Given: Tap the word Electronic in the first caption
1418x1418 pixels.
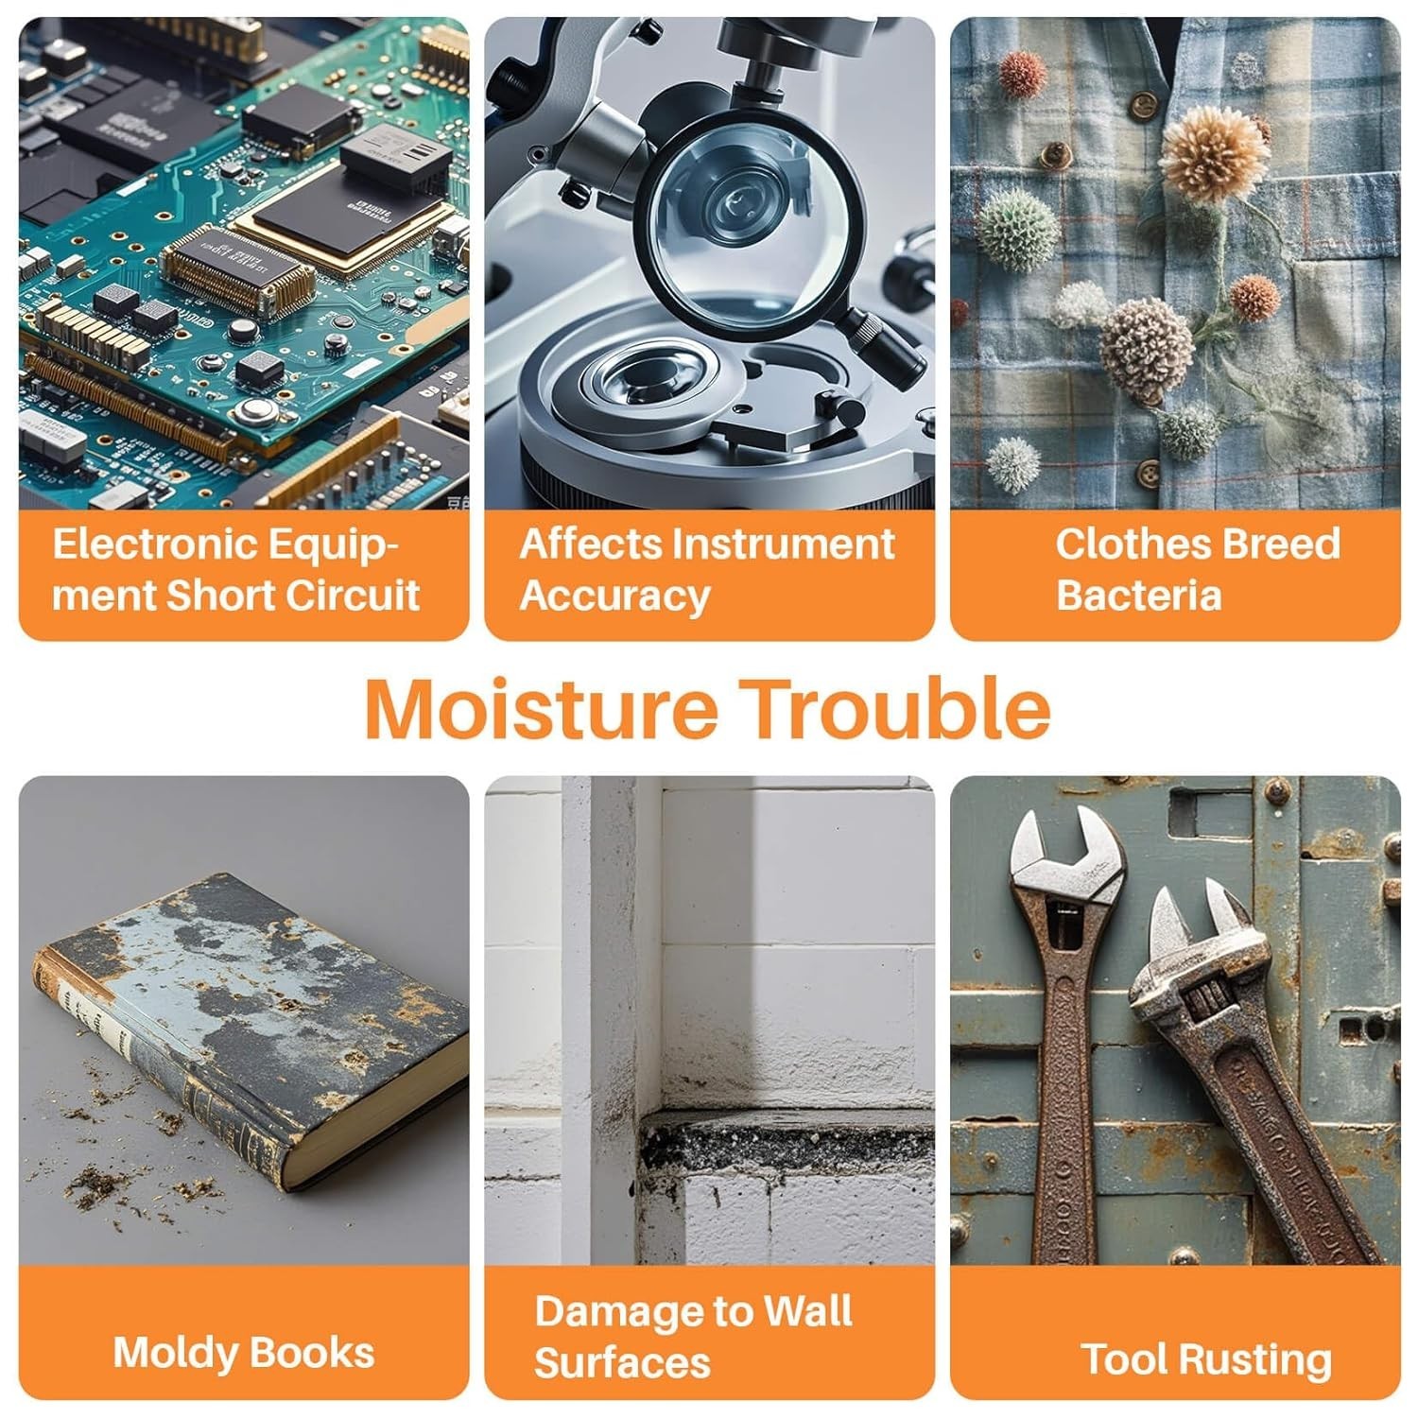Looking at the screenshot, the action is click(156, 545).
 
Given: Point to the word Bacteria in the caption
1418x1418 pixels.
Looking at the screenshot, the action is click(1139, 596).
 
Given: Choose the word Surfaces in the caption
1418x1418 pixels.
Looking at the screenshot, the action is click(623, 1363).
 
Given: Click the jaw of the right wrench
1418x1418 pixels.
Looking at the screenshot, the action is click(1201, 936).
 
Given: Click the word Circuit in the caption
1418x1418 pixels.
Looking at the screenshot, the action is click(353, 596).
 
